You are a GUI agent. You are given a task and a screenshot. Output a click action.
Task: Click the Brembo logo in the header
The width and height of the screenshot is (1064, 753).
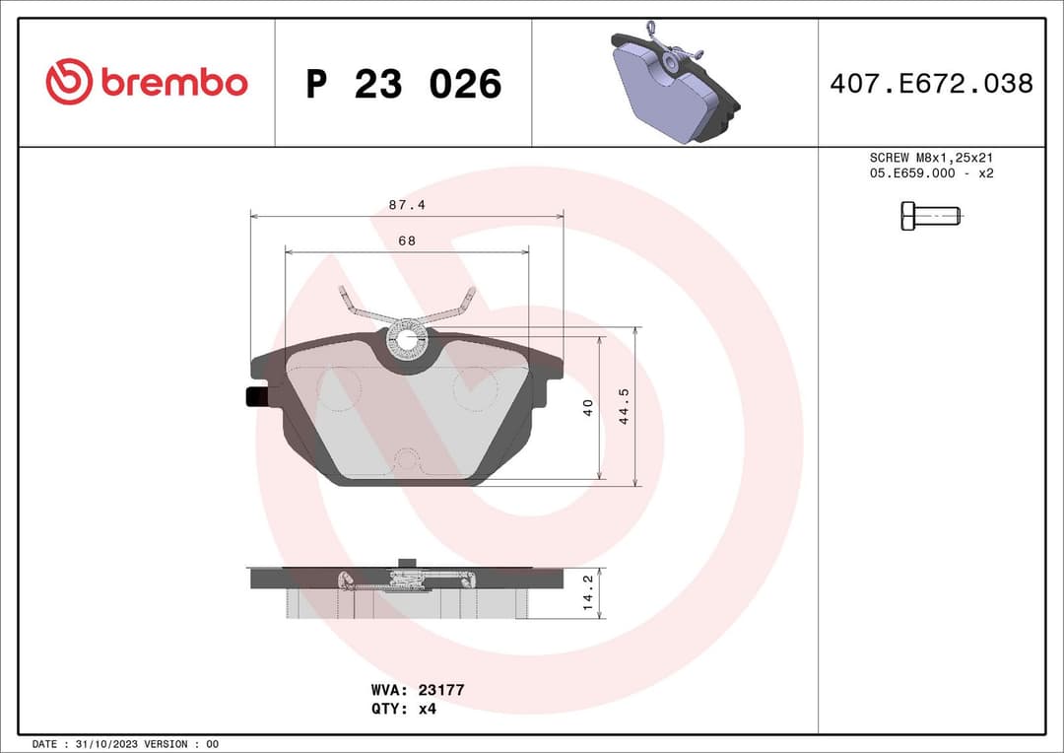pyautogui.click(x=147, y=83)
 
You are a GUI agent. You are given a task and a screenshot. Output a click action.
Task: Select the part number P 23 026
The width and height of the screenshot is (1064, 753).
pyautogui.click(x=403, y=85)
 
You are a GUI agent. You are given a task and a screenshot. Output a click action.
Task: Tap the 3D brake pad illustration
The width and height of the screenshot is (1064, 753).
pyautogui.click(x=675, y=83)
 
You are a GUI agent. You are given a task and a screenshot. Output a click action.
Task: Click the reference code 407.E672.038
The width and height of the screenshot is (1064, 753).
pyautogui.click(x=931, y=84)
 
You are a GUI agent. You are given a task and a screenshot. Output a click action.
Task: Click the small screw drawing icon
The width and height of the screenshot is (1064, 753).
pyautogui.click(x=929, y=215)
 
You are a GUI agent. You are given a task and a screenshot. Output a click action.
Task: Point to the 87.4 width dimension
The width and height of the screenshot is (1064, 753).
pyautogui.click(x=406, y=204)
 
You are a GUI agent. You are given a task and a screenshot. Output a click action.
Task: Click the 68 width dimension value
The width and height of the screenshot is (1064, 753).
pyautogui.click(x=406, y=240)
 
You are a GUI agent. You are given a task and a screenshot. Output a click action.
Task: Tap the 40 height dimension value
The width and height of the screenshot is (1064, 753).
pyautogui.click(x=588, y=407)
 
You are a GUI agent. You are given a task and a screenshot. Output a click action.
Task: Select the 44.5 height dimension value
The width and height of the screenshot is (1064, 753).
pyautogui.click(x=623, y=406)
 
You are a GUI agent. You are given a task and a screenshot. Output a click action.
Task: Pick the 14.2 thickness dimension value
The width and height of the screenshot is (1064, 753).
pyautogui.click(x=588, y=592)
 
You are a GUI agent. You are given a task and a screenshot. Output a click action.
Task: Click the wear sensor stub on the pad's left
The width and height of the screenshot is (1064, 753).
pyautogui.click(x=254, y=396)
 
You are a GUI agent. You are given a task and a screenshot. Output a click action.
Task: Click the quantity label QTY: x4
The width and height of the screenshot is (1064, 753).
pyautogui.click(x=404, y=709)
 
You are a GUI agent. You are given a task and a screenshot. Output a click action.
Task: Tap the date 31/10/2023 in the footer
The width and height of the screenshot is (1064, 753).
pyautogui.click(x=104, y=744)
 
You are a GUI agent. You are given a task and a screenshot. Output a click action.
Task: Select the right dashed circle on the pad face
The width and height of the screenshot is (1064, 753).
pyautogui.click(x=475, y=387)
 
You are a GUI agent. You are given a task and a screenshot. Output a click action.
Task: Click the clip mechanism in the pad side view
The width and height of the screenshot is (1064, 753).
pyautogui.click(x=408, y=578)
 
